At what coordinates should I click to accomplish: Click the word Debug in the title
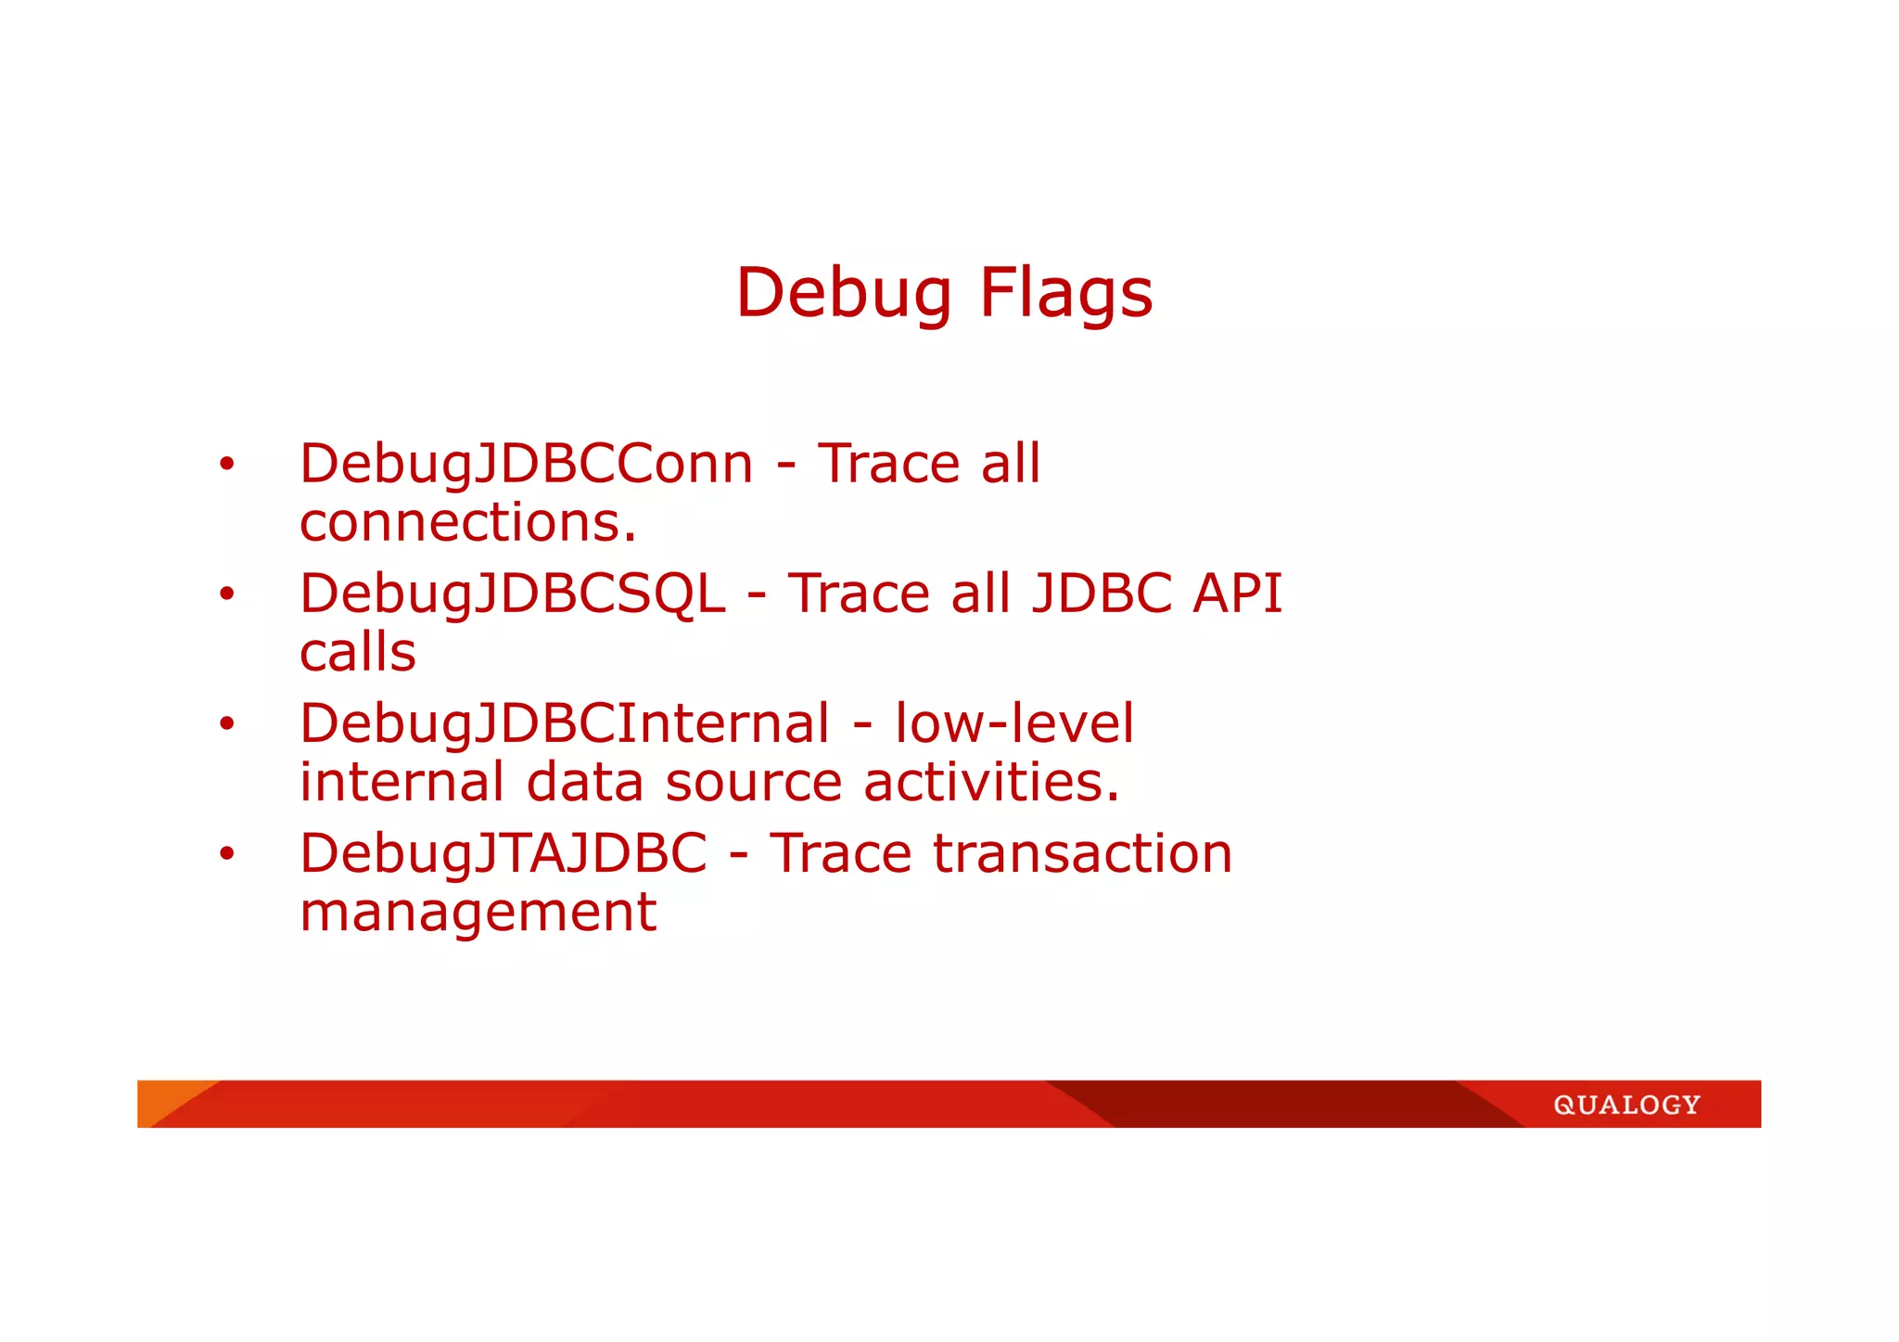point(843,293)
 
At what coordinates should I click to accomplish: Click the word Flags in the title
point(1065,293)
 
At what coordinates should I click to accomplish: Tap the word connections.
point(467,522)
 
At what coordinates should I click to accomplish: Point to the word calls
point(357,652)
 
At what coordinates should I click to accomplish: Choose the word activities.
point(991,782)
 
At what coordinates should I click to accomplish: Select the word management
point(478,912)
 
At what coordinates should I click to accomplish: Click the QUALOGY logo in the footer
point(1626,1105)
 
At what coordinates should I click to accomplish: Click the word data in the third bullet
point(584,782)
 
